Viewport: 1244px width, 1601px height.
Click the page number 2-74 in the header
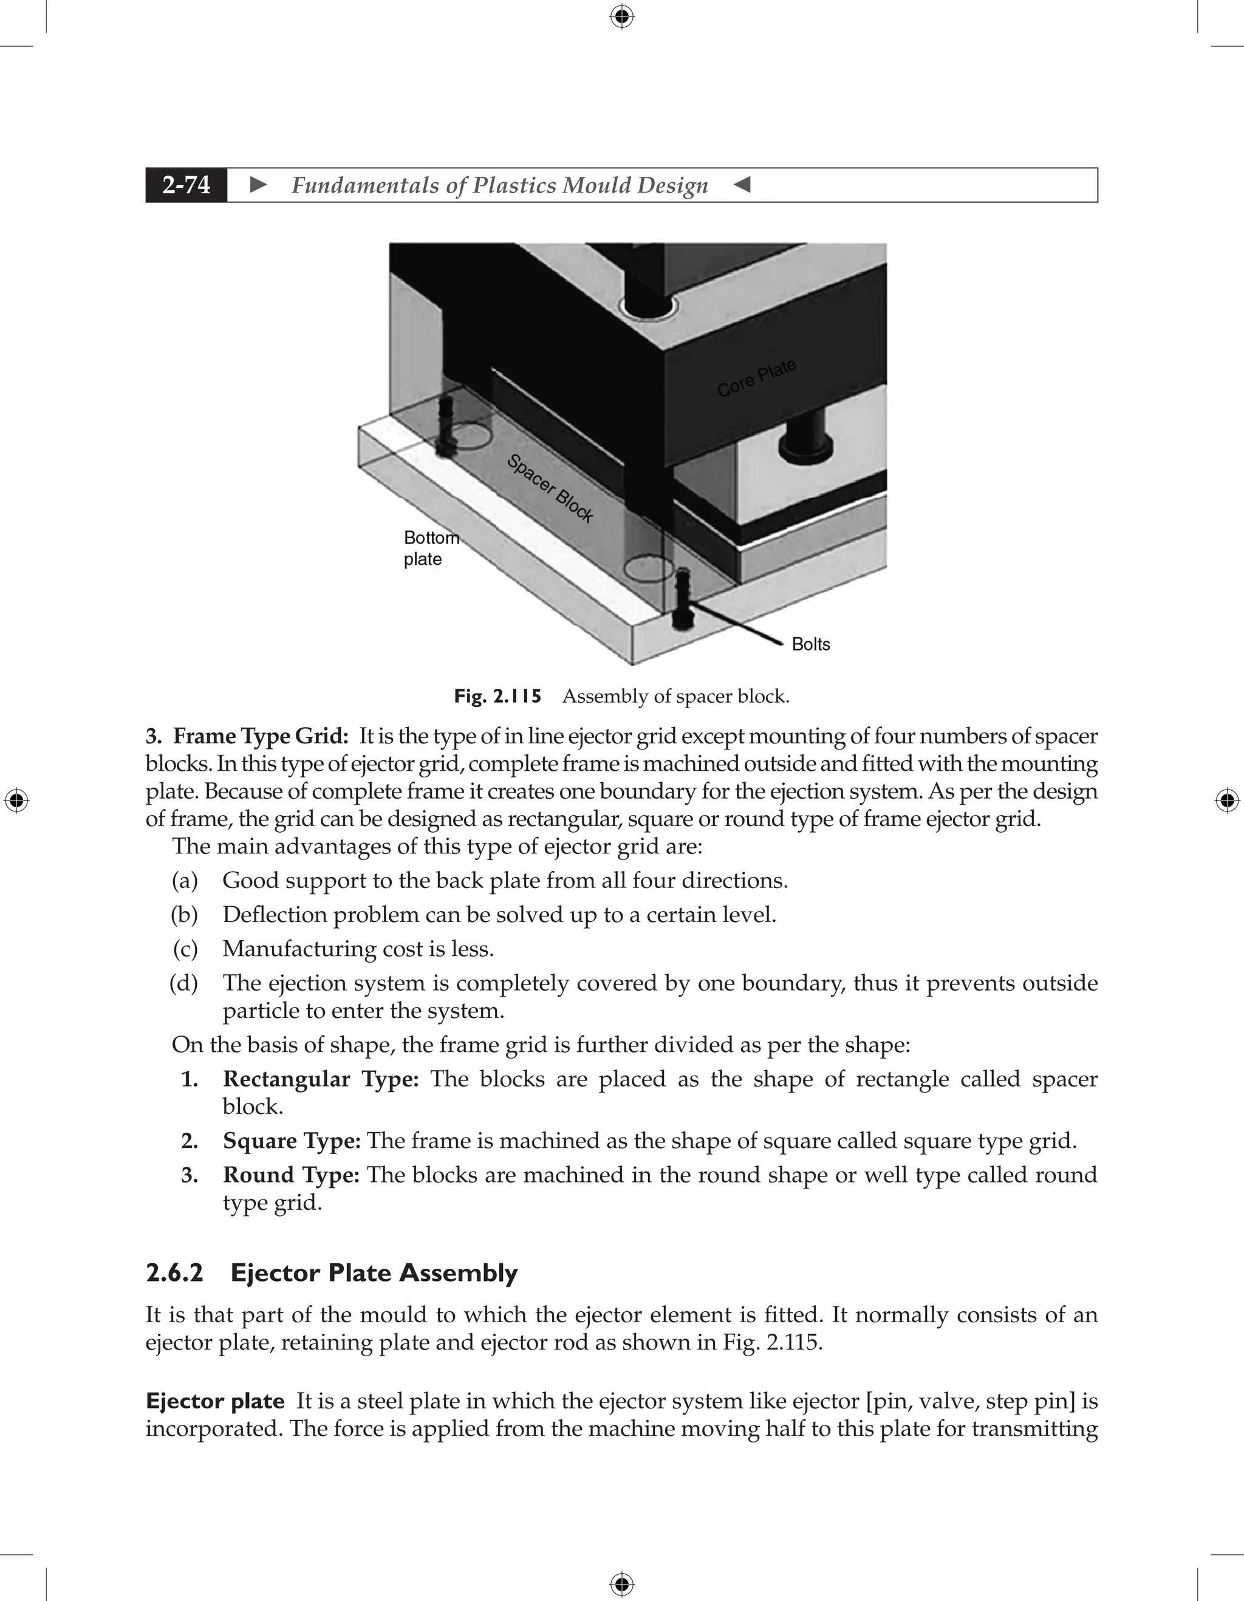pyautogui.click(x=186, y=185)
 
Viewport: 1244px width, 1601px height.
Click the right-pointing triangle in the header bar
pyautogui.click(x=258, y=185)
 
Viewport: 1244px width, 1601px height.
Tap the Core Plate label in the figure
pyautogui.click(x=756, y=378)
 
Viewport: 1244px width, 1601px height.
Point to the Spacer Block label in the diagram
pyautogui.click(x=550, y=488)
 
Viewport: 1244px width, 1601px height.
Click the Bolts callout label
pyautogui.click(x=811, y=644)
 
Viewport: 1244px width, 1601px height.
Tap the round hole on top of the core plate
pyautogui.click(x=646, y=307)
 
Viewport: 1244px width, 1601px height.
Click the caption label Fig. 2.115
pyautogui.click(x=497, y=695)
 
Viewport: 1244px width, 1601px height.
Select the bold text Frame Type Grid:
pyautogui.click(x=260, y=736)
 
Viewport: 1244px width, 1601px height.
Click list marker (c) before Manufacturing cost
pyautogui.click(x=185, y=949)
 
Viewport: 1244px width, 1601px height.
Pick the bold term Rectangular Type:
pyautogui.click(x=320, y=1079)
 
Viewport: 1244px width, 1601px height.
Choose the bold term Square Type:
pyautogui.click(x=291, y=1141)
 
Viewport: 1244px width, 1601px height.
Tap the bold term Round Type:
pyautogui.click(x=291, y=1175)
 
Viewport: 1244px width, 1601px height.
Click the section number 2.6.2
pyautogui.click(x=174, y=1272)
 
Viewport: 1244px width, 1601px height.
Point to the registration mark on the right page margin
pyautogui.click(x=1227, y=801)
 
